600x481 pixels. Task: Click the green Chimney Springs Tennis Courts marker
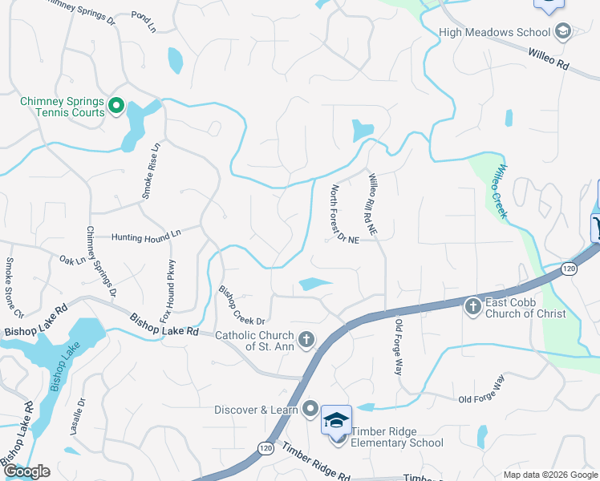click(115, 105)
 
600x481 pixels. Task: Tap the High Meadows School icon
click(562, 32)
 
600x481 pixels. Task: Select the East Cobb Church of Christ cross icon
click(473, 305)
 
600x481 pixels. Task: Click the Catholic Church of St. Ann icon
click(306, 341)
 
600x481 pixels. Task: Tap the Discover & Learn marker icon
click(310, 410)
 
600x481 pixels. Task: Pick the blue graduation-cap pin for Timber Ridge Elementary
click(337, 419)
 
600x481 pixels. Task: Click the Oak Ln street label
click(72, 260)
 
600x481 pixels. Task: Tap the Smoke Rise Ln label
click(151, 170)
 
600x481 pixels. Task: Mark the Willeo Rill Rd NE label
click(375, 204)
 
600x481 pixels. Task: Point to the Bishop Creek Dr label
click(241, 305)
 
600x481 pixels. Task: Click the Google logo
click(26, 471)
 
